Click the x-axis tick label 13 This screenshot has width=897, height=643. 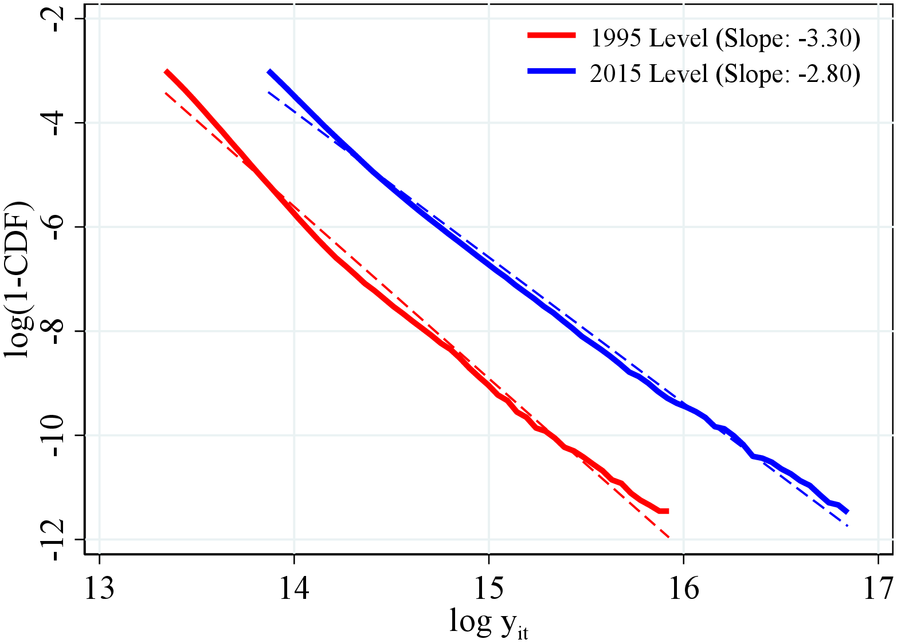pyautogui.click(x=100, y=589)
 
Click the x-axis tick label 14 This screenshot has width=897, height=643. pyautogui.click(x=294, y=589)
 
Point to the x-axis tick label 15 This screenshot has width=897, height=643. pyautogui.click(x=488, y=589)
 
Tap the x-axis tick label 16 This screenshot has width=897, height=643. pyautogui.click(x=683, y=589)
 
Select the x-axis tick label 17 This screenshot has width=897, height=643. pyautogui.click(x=878, y=589)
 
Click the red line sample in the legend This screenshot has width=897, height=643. pyautogui.click(x=551, y=36)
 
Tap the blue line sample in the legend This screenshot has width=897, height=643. pyautogui.click(x=551, y=70)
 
